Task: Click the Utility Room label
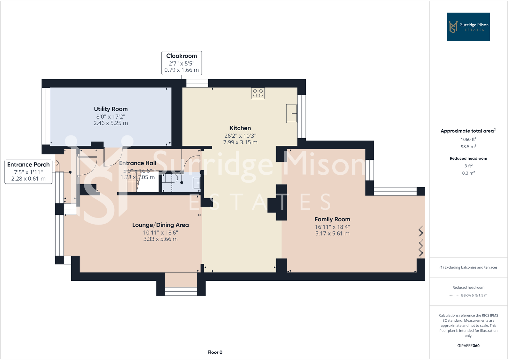tap(111, 109)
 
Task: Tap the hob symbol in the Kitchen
tap(258, 93)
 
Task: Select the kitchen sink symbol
tap(292, 113)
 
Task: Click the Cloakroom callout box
tap(181, 63)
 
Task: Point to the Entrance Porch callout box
tap(28, 172)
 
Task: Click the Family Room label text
tap(332, 219)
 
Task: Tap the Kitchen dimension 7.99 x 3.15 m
tap(240, 142)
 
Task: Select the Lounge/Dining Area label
tap(160, 225)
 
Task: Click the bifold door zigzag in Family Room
tap(421, 242)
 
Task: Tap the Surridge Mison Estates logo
tap(468, 27)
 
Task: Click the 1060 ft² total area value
tap(468, 139)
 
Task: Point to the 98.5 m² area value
tap(468, 147)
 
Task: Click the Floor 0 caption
tap(215, 352)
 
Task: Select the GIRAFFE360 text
tap(468, 346)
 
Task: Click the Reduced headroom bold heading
tap(468, 158)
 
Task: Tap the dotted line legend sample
tap(454, 295)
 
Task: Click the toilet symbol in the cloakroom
tap(173, 178)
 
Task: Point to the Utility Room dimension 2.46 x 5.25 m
tap(111, 123)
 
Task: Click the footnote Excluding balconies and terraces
tap(468, 267)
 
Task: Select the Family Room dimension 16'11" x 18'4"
tap(332, 227)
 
